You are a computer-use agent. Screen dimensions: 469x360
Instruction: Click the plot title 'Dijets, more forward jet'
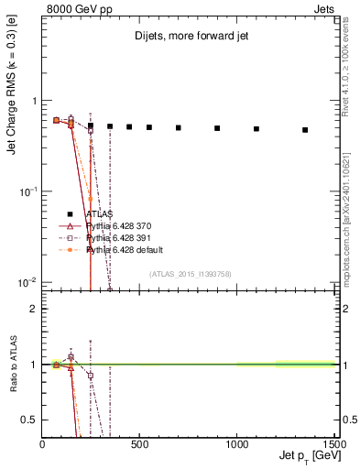pyautogui.click(x=190, y=38)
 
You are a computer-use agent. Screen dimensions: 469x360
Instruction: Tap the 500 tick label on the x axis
pyautogui.click(x=139, y=444)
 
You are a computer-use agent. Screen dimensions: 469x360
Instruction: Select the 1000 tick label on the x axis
pyautogui.click(x=236, y=444)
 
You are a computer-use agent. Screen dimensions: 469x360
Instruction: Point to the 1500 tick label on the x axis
pyautogui.click(x=333, y=444)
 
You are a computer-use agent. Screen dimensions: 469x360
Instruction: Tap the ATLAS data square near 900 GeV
pyautogui.click(x=217, y=128)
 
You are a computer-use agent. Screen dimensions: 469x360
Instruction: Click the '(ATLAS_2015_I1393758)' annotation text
pyautogui.click(x=189, y=274)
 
